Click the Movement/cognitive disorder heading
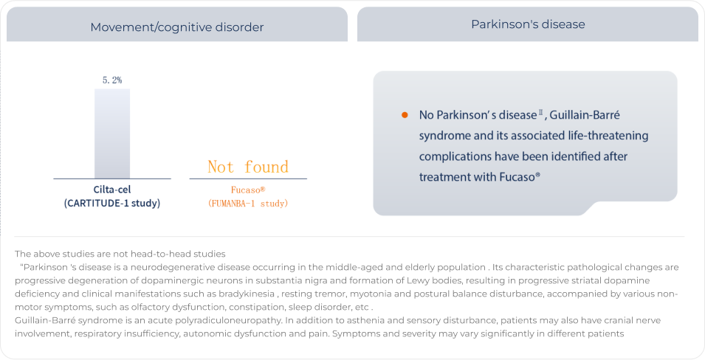(x=176, y=27)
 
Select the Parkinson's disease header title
(x=528, y=24)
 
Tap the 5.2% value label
(x=112, y=80)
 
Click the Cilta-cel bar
(x=112, y=134)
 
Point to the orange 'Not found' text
(x=248, y=167)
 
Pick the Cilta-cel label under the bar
(x=112, y=190)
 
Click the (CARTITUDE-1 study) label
(x=112, y=203)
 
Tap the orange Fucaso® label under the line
(x=248, y=190)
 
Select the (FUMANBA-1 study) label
(x=248, y=204)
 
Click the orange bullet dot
(x=405, y=115)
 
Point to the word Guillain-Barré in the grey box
(x=585, y=115)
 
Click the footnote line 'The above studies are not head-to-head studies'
(x=120, y=254)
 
